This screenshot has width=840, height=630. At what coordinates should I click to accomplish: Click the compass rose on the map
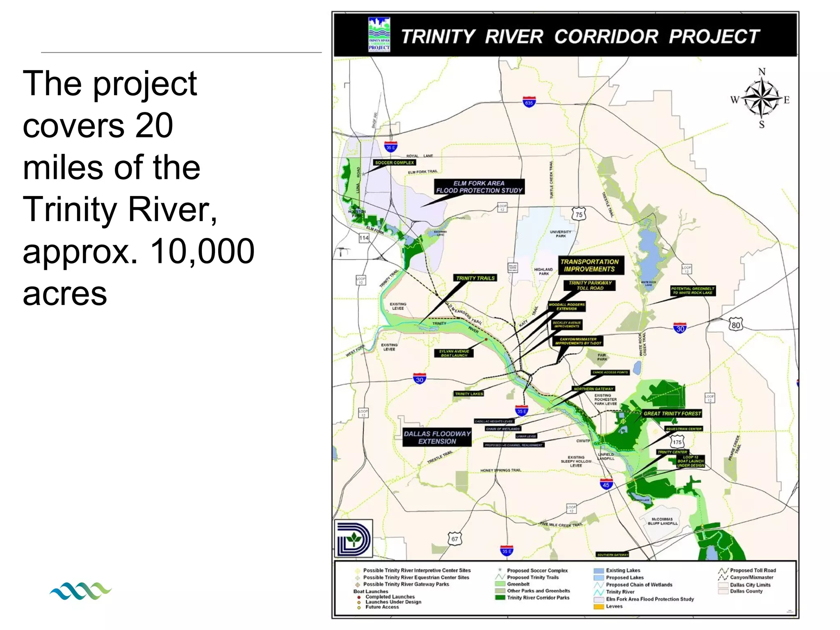tap(761, 99)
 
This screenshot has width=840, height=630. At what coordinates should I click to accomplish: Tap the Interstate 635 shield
tap(529, 102)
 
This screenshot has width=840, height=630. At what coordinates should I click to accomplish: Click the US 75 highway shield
tap(579, 214)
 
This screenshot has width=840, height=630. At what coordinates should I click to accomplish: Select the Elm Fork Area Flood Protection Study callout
tap(479, 187)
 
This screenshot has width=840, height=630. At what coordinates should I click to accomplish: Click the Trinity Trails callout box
tap(475, 278)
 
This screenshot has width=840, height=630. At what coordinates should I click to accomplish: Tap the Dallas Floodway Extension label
tap(437, 437)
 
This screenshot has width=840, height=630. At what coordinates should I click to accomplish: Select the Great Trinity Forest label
tap(672, 413)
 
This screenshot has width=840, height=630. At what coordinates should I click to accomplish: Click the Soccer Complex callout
tap(395, 162)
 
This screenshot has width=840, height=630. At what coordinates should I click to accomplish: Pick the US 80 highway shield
tap(736, 325)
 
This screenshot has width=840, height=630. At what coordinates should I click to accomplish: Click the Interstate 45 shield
tap(606, 484)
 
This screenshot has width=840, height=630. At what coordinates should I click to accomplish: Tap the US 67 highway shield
tap(454, 539)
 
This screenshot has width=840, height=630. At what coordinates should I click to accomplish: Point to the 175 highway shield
tap(677, 442)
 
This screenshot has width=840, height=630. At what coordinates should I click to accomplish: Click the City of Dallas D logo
tap(354, 538)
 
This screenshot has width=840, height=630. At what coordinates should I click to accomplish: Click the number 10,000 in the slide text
tap(202, 251)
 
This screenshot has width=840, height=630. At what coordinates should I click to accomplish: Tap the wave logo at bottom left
tap(80, 591)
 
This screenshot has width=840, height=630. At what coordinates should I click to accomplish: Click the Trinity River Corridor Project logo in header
tap(379, 34)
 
